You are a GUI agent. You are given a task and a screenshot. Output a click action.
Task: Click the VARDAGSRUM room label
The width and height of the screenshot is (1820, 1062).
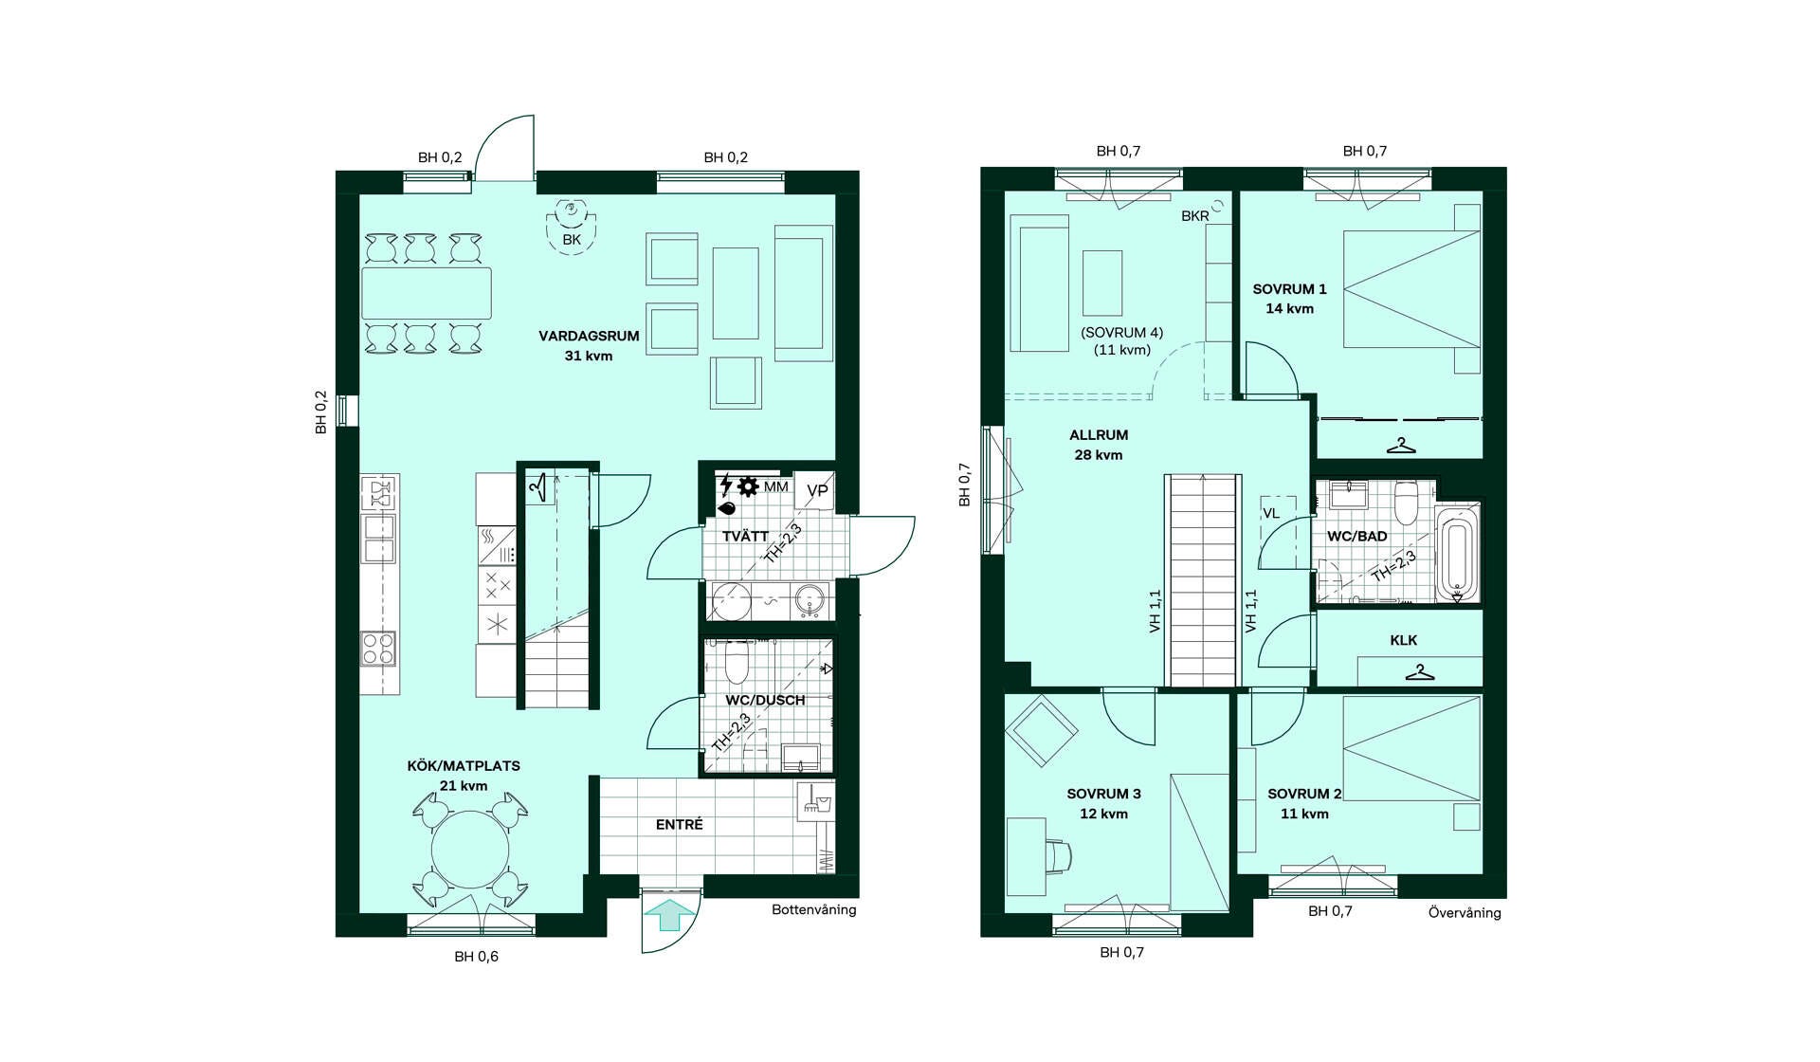(x=589, y=336)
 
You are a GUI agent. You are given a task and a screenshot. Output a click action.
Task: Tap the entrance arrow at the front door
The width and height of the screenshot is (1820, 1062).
(x=670, y=916)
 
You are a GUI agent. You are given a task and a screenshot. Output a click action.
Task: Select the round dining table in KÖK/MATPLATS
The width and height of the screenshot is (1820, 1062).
(x=470, y=849)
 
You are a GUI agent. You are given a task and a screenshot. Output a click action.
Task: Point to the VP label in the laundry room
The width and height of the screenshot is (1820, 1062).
(x=817, y=490)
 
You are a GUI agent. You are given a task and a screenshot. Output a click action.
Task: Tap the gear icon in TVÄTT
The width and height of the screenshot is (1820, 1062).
(x=748, y=486)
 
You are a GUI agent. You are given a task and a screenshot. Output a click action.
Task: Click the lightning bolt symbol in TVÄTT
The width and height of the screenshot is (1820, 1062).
(x=726, y=485)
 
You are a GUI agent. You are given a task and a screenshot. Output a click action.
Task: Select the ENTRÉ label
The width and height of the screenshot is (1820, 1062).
(x=680, y=825)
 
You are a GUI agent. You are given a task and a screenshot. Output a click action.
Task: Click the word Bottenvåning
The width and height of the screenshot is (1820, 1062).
(x=813, y=909)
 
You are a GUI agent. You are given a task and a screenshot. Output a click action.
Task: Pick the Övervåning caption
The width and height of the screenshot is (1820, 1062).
(x=1465, y=912)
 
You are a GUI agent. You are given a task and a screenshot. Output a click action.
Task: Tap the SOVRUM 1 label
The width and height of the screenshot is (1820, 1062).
(x=1289, y=289)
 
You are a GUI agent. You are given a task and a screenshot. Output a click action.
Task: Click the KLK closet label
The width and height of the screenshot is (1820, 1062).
(x=1404, y=640)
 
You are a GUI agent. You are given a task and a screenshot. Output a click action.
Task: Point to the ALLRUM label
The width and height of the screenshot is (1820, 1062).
(x=1099, y=435)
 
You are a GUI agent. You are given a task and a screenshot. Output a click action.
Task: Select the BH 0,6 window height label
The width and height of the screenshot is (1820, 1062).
(x=476, y=957)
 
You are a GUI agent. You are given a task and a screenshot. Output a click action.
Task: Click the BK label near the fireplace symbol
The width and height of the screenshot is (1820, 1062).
(x=572, y=240)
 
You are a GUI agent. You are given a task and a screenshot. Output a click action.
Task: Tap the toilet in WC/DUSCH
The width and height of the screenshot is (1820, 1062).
(x=737, y=663)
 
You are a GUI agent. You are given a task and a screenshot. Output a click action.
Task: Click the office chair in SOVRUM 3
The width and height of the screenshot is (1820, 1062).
(x=1059, y=854)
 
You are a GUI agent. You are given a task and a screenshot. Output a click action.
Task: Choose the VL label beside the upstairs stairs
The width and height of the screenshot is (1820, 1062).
(x=1271, y=513)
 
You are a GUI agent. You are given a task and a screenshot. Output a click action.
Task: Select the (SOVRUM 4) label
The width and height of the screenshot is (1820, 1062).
(x=1122, y=333)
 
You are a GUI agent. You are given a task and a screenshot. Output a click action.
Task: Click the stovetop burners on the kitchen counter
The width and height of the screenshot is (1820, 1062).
(x=379, y=650)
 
